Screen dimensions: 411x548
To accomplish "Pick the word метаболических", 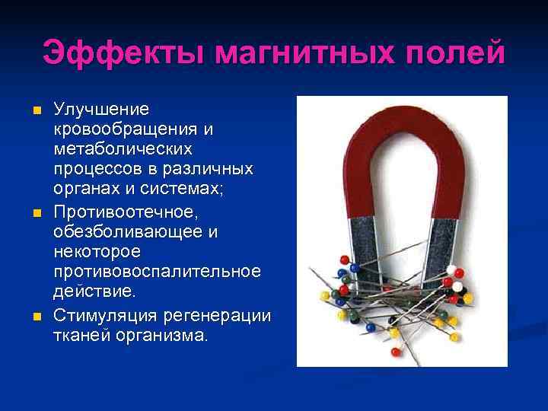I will [123, 146].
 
